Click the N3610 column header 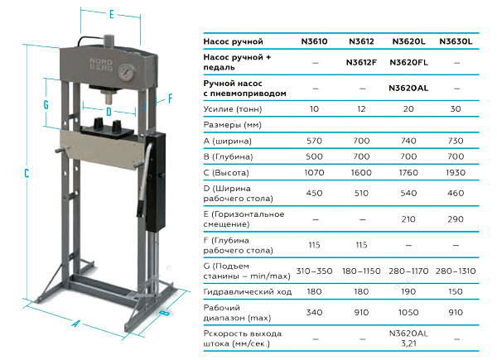pos(314,41)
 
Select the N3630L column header pos(456,41)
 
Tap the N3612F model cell pos(361,62)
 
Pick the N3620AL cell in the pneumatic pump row pos(408,88)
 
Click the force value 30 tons pos(456,109)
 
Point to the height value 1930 pos(456,173)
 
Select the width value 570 pos(314,141)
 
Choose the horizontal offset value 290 pos(456,219)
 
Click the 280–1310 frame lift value pos(456,271)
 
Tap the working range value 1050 pos(408,313)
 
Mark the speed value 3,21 pos(408,343)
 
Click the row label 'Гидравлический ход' pos(247,291)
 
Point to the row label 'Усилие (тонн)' pos(233,109)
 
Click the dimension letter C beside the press pos(27,173)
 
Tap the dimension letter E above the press pos(111,14)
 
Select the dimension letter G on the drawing pos(46,104)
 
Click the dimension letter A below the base pos(75,324)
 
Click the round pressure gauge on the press pos(126,72)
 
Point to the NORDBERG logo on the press pos(101,65)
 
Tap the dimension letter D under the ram pos(109,112)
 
